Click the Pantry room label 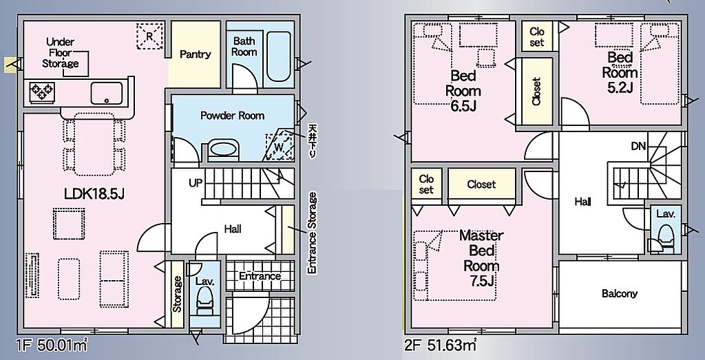[195, 54]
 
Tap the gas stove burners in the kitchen [42, 92]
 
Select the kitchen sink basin [107, 93]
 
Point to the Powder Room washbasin [223, 149]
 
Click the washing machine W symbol [279, 146]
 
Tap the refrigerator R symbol [149, 36]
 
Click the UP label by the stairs [196, 183]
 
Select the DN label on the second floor [638, 146]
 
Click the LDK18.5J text [94, 194]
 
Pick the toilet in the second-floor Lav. [666, 237]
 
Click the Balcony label [620, 294]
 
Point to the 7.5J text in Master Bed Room [481, 282]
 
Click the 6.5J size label [463, 106]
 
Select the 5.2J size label [620, 87]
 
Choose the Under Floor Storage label [61, 53]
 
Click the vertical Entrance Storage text [312, 233]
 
